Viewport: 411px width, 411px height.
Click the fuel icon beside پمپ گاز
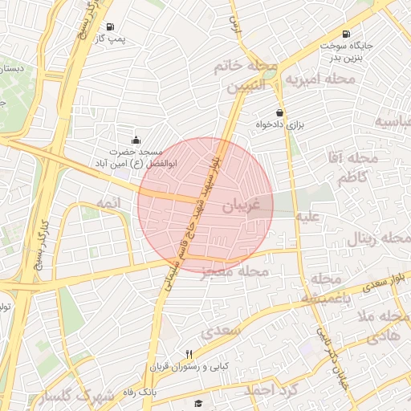click(x=110, y=25)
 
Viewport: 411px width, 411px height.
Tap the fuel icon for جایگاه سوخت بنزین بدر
click(x=345, y=34)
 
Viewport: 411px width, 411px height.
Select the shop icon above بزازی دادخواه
click(x=279, y=112)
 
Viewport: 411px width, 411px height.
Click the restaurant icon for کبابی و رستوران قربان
click(x=189, y=354)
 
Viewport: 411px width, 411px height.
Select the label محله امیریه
click(x=320, y=79)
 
